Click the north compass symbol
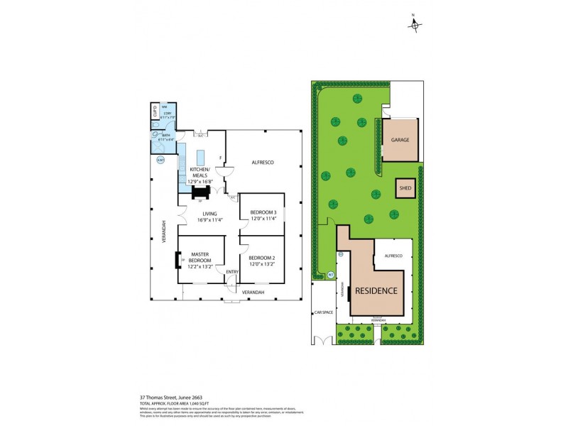[415, 26]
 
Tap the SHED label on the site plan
[405, 188]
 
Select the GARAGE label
[400, 141]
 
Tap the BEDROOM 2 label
[261, 260]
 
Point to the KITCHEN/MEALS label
[200, 172]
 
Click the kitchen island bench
[200, 157]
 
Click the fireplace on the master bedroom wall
[177, 261]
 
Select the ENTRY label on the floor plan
[231, 272]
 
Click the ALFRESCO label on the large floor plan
[263, 163]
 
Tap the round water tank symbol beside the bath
[160, 160]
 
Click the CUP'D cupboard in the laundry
[155, 112]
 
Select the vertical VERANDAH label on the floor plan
[164, 231]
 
